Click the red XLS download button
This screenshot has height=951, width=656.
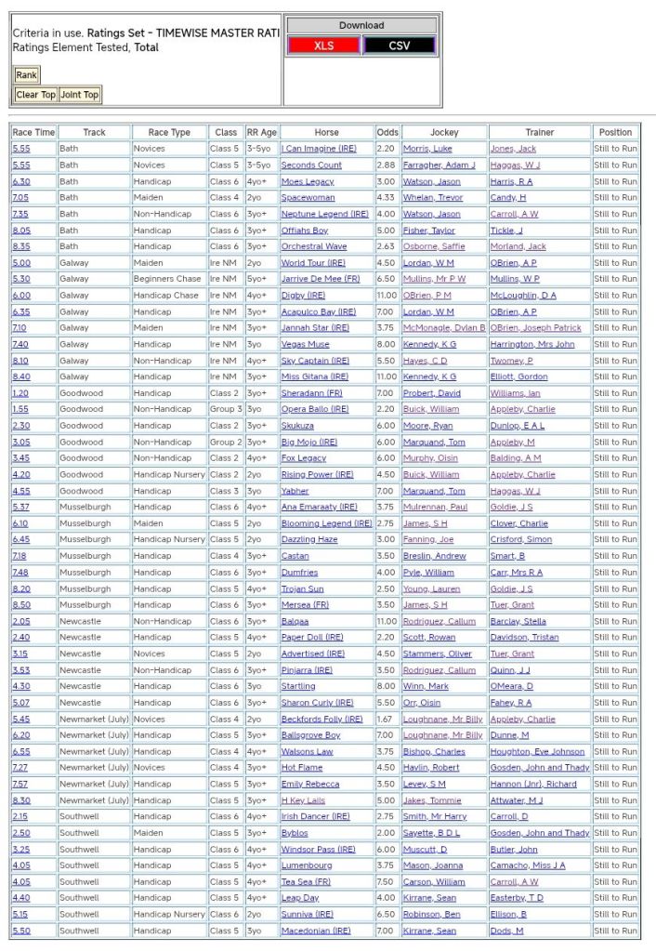coord(324,46)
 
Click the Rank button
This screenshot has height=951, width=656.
coord(26,75)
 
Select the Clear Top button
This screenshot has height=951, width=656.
coord(36,95)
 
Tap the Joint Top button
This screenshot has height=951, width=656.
coord(79,95)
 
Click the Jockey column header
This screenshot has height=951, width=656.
coord(444,132)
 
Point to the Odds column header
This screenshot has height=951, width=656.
coord(387,132)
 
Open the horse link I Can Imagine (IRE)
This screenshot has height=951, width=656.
coord(318,149)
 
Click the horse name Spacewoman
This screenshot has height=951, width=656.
coord(308,198)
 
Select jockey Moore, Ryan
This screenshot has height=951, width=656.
coord(427,426)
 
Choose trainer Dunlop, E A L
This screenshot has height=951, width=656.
coord(518,426)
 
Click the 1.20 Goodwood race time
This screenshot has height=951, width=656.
coord(20,393)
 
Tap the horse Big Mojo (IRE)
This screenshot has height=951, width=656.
coord(308,442)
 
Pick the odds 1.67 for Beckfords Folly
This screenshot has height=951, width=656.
coord(387,720)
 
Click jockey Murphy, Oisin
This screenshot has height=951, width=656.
coord(431,458)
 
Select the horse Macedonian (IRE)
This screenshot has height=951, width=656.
coord(316,931)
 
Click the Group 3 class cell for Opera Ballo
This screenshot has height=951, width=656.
coord(225,409)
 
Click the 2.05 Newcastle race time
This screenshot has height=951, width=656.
coord(20,621)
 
